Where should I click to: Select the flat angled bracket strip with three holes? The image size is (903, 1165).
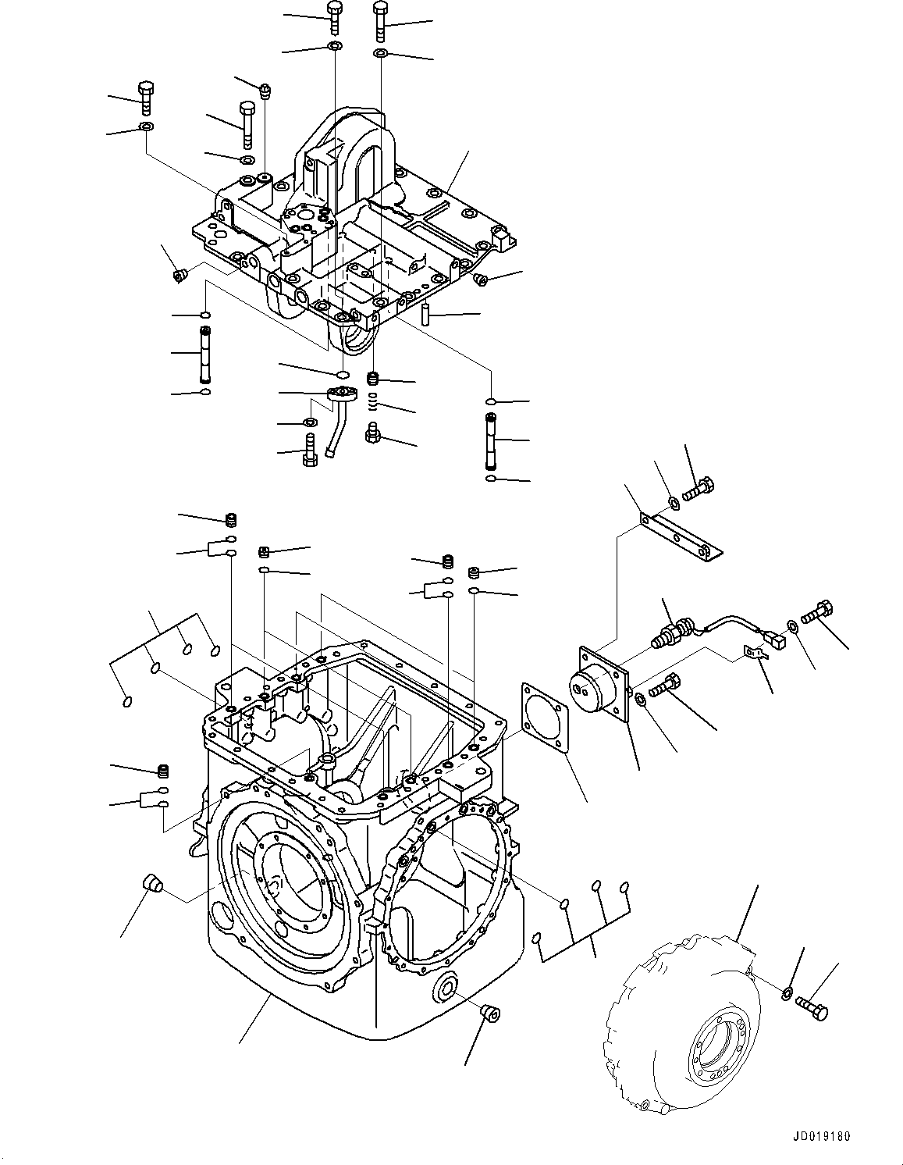point(681,536)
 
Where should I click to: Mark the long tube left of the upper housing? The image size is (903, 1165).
point(205,353)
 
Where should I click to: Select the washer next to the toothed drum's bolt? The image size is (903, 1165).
point(787,992)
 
